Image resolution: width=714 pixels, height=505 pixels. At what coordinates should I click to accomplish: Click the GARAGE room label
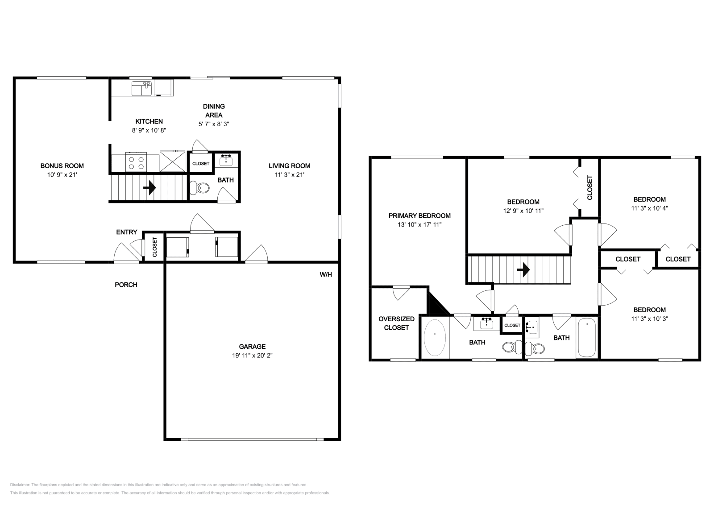tap(252, 346)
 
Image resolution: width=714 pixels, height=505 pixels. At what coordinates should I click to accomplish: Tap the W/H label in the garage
tap(326, 274)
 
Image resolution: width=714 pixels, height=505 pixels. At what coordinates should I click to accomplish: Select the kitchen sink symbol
tap(142, 88)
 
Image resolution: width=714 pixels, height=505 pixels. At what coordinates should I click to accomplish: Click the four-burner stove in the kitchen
tap(137, 161)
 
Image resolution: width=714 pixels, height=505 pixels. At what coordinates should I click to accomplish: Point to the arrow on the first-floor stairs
tap(149, 188)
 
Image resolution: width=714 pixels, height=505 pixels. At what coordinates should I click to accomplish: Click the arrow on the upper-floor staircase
tap(523, 269)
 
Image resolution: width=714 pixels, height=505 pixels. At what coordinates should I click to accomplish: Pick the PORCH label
tap(126, 285)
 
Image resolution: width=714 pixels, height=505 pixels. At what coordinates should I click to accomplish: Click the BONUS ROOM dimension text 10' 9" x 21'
tap(62, 175)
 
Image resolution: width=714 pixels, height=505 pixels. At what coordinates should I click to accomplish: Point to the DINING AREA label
tap(214, 110)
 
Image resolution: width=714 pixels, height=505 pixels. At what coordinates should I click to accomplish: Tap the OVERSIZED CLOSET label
tap(396, 323)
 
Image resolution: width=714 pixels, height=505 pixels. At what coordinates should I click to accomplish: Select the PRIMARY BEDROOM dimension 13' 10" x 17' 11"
tap(419, 225)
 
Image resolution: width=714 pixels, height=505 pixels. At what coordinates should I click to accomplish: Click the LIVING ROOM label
tap(289, 166)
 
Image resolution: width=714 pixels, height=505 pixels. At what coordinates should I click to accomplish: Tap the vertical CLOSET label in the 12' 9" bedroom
tap(589, 187)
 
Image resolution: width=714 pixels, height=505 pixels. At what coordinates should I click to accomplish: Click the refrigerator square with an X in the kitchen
tap(172, 161)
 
